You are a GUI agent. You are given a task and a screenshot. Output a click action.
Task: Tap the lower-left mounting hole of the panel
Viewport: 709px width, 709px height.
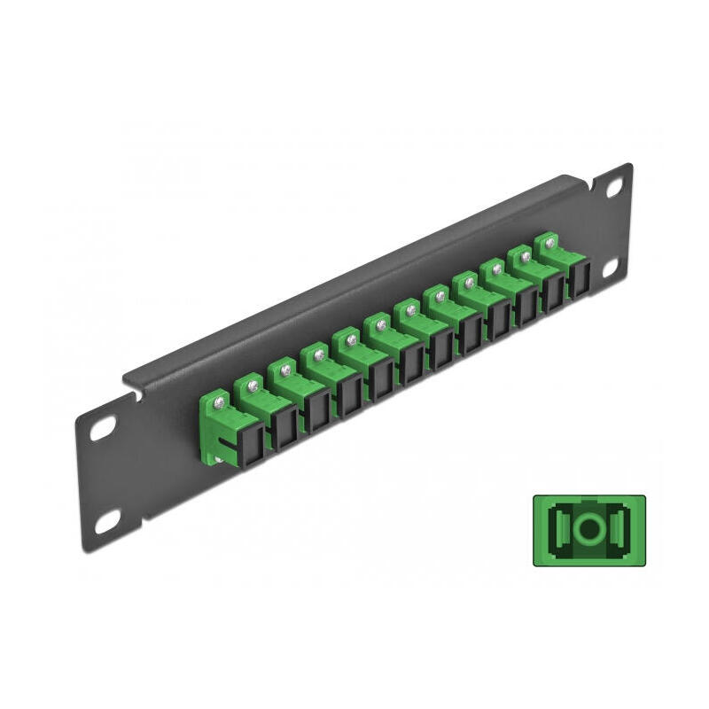pos(108,523)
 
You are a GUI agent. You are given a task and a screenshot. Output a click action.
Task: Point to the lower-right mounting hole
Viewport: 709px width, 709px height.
pos(612,269)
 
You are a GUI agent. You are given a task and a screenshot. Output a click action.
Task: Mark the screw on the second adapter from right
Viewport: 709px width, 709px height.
pos(525,256)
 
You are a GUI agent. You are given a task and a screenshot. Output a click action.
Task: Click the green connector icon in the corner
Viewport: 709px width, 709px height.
pos(588,530)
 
